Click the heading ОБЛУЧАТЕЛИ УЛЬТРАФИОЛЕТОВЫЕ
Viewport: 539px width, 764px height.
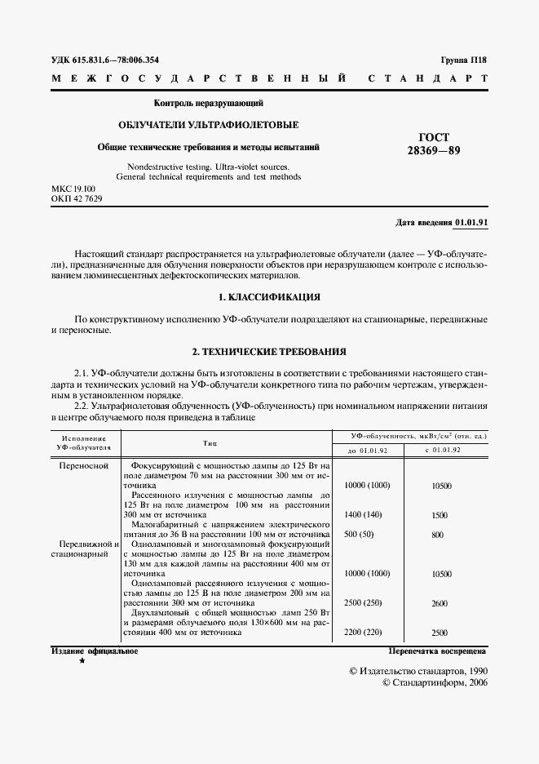(209, 126)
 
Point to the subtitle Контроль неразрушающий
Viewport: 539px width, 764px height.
(209, 104)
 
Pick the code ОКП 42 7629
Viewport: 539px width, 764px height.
(77, 198)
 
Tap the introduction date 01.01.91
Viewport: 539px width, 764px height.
(471, 223)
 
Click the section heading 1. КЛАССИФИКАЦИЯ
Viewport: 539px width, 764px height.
(269, 296)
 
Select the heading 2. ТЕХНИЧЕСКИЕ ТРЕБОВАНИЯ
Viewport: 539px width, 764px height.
(269, 352)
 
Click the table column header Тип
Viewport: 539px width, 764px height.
(210, 442)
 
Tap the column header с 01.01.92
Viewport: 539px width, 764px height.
(441, 450)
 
